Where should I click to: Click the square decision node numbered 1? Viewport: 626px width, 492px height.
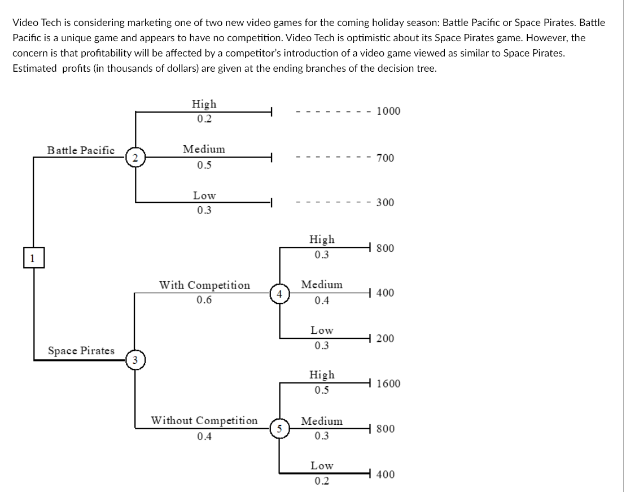click(x=33, y=259)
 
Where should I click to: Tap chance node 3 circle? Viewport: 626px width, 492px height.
click(x=134, y=360)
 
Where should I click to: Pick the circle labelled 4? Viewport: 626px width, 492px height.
click(x=279, y=294)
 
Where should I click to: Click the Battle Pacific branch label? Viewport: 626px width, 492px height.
click(x=81, y=150)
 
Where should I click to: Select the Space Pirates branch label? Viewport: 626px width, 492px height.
click(x=81, y=351)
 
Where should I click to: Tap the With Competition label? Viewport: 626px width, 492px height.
click(x=204, y=285)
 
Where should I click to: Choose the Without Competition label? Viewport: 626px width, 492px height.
click(x=204, y=421)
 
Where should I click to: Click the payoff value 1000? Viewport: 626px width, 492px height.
click(x=388, y=111)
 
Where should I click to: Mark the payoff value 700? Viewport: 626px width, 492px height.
click(x=385, y=158)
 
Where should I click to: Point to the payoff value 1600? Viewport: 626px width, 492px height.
click(x=388, y=384)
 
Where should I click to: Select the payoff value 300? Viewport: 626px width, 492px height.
click(x=385, y=203)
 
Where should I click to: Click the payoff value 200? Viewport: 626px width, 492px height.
click(x=385, y=339)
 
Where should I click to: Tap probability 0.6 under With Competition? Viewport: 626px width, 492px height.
click(x=204, y=300)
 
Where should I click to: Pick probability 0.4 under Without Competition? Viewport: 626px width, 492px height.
click(x=204, y=436)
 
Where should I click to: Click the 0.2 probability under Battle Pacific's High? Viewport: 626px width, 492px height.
click(x=204, y=119)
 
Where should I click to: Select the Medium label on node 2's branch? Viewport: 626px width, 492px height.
click(x=204, y=150)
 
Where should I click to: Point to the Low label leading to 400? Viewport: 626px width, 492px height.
click(x=322, y=466)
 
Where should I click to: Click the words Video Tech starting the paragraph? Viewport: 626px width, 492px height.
click(x=34, y=23)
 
